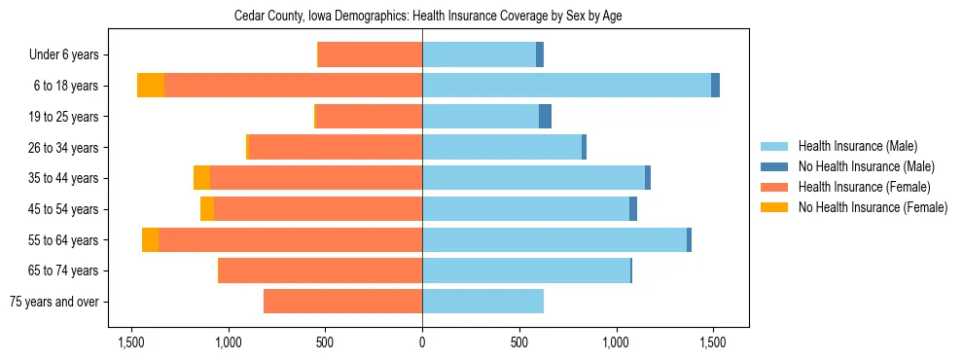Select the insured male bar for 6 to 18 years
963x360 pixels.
tap(566, 86)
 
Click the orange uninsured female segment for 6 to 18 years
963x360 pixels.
tap(151, 86)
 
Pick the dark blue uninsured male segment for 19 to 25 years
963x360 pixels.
tap(545, 117)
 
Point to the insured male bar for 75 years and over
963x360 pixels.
tap(482, 302)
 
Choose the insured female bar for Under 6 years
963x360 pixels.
tap(370, 54)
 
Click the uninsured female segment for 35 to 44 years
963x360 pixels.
tap(201, 178)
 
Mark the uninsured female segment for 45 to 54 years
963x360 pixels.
tap(207, 209)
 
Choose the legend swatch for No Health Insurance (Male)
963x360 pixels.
tap(775, 166)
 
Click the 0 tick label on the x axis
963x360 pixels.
tap(422, 343)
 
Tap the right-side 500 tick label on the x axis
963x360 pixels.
tap(519, 343)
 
